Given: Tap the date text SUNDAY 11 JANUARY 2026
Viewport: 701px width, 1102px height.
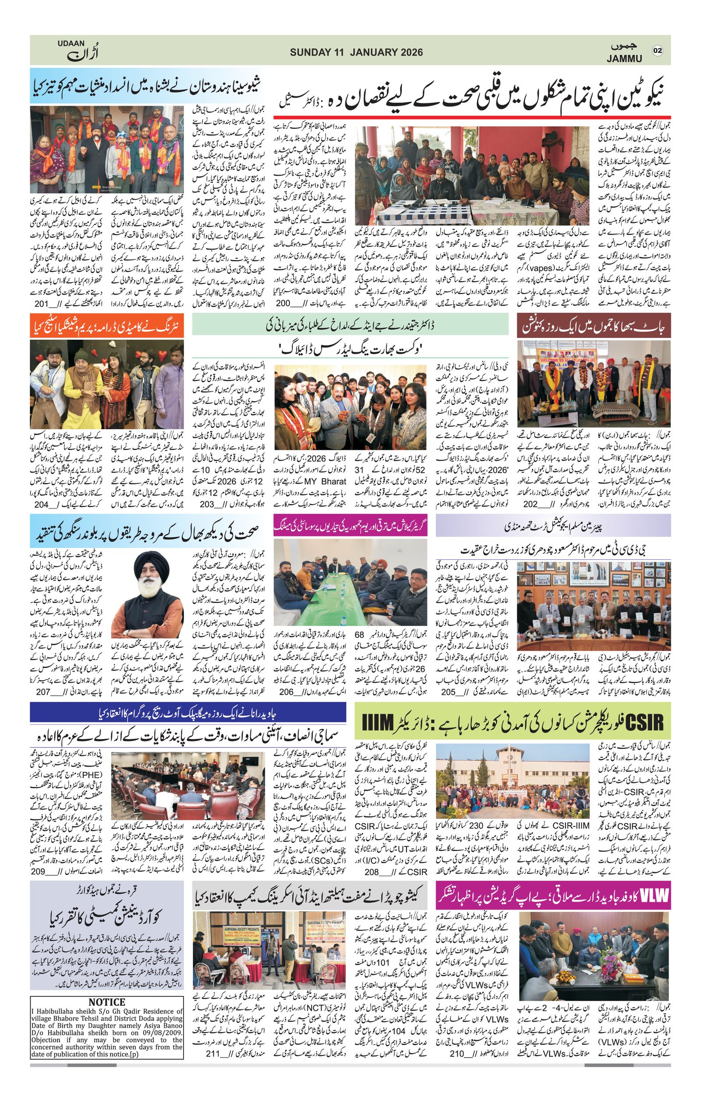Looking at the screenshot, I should click(x=356, y=52).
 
